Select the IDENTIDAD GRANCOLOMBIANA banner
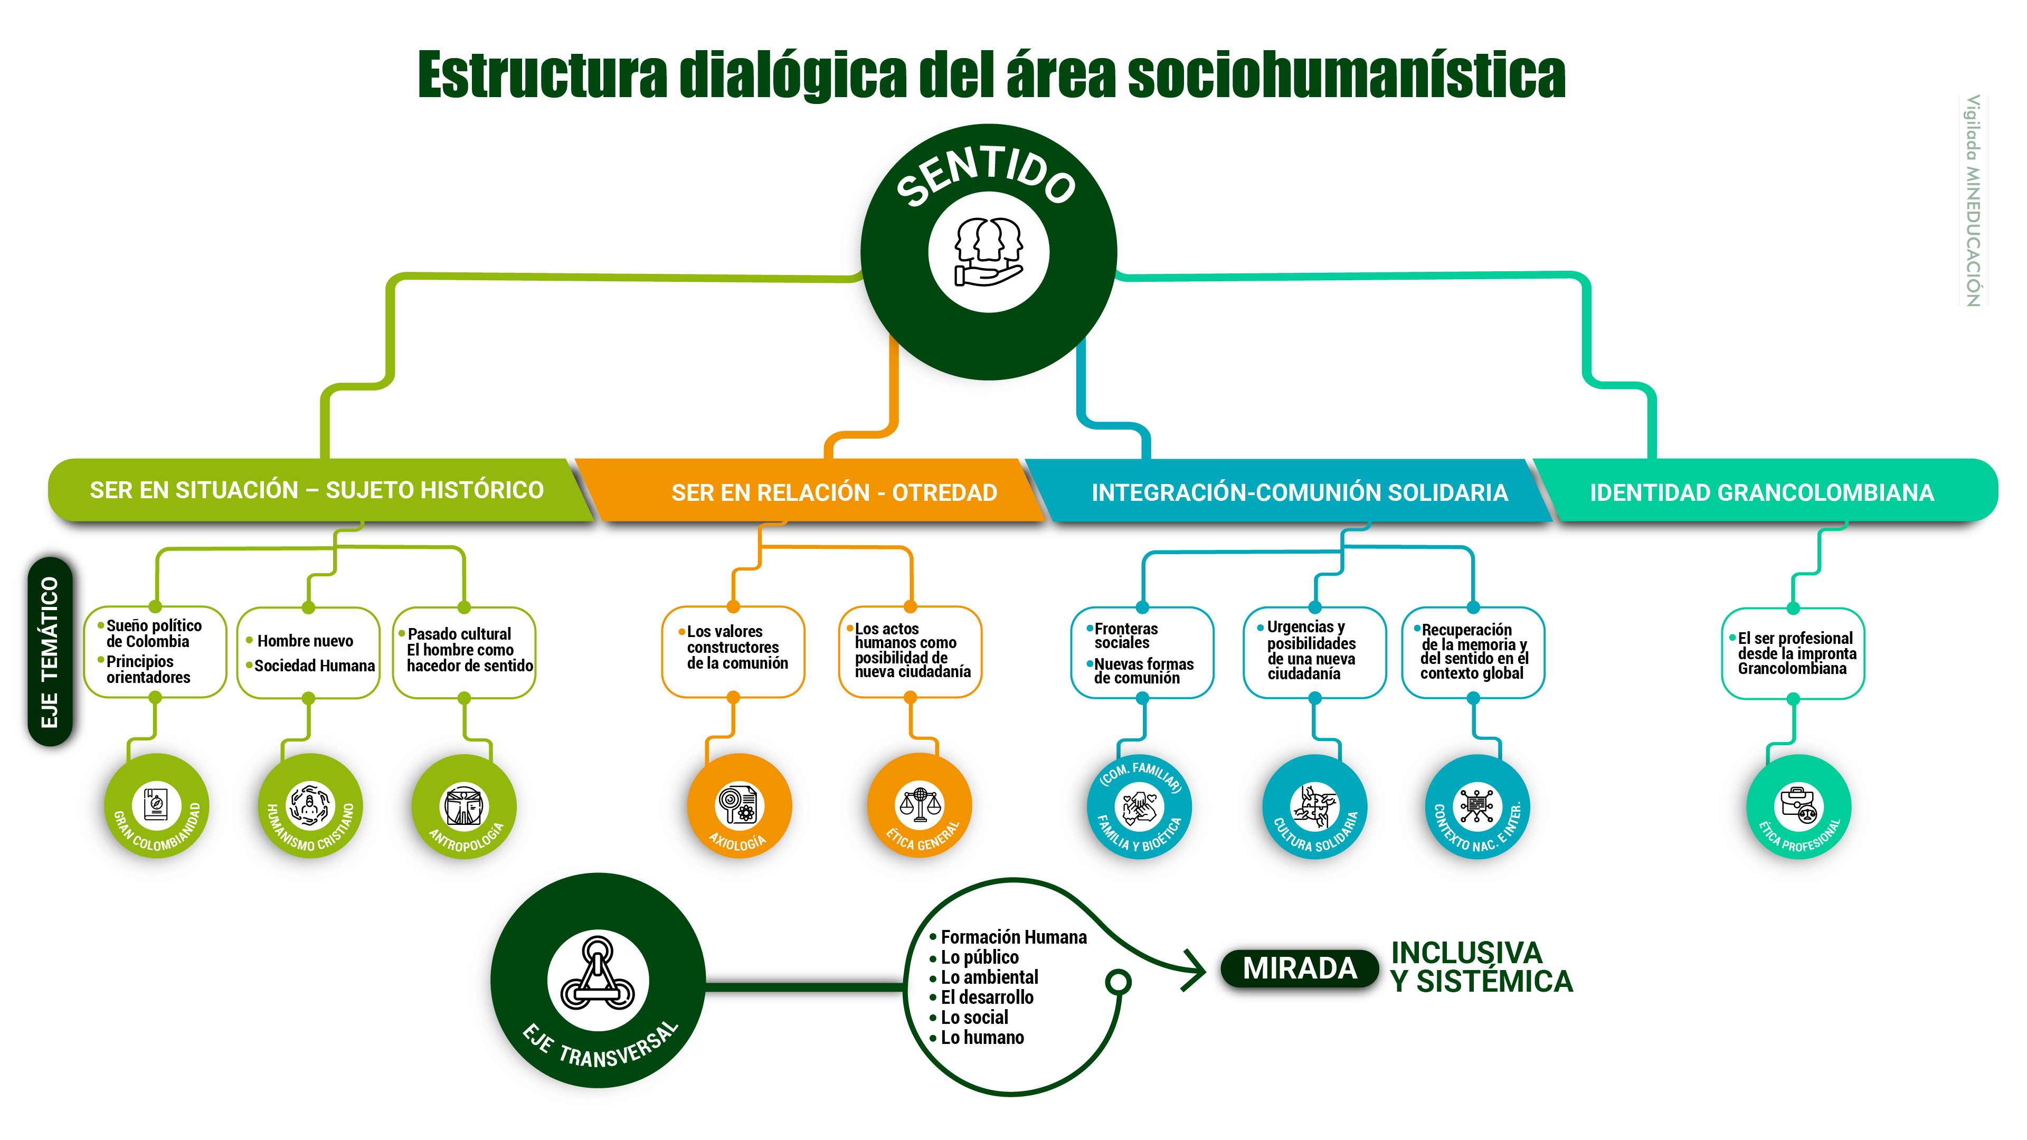(x=1763, y=492)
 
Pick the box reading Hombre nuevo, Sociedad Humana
(x=308, y=653)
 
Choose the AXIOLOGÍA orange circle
(x=738, y=805)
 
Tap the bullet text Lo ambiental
(x=989, y=977)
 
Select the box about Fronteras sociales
(x=1142, y=653)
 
